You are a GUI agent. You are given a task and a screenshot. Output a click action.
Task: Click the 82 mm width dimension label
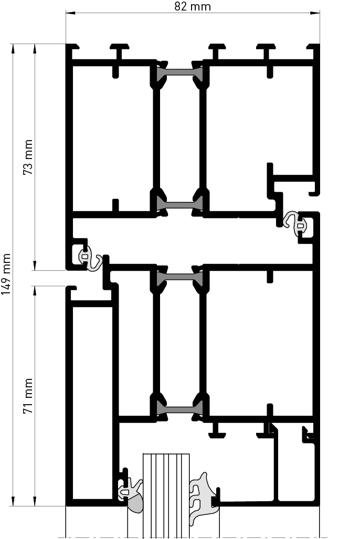[x=192, y=6]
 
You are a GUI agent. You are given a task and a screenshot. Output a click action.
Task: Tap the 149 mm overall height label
[x=6, y=274]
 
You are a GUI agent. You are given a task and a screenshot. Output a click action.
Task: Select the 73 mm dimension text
[x=28, y=157]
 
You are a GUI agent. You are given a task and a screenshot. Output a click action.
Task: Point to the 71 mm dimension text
[x=28, y=396]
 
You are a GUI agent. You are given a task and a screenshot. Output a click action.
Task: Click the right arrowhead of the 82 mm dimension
[x=315, y=13]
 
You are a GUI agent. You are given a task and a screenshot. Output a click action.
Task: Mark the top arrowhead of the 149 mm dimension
[x=13, y=49]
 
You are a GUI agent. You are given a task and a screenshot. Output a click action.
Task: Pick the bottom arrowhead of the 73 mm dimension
[x=35, y=266]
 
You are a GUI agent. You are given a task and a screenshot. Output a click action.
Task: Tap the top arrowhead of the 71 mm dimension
[x=35, y=290]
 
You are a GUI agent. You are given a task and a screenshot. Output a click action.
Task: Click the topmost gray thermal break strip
[x=179, y=73]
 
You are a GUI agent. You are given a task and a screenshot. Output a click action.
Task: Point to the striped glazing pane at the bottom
[x=166, y=495]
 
